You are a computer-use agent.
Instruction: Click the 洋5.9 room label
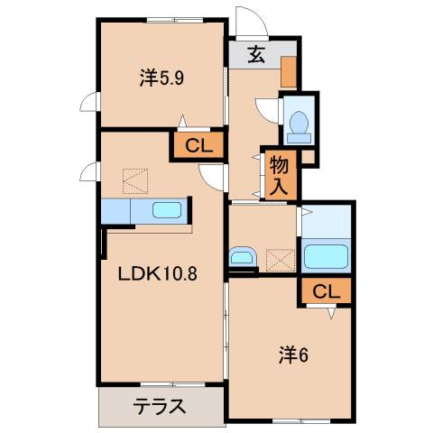coord(162,78)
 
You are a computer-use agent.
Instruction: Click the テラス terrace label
coord(160,406)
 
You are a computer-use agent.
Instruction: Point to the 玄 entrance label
coord(257,54)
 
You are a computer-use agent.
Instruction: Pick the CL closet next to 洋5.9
coord(197,145)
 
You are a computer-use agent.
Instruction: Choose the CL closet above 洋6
coord(327,290)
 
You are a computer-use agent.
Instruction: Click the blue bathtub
coord(326,256)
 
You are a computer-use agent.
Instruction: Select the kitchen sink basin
coord(168,211)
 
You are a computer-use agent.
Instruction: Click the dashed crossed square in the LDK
coord(134,180)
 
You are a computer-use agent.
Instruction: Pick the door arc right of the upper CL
coord(214,179)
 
